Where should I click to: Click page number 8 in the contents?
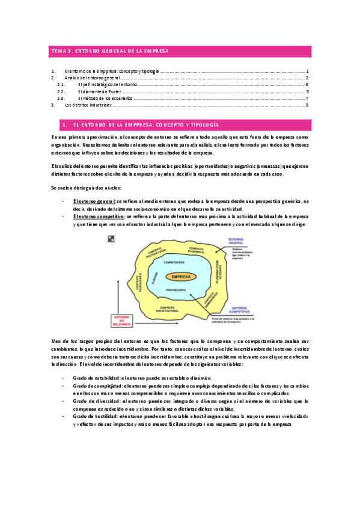click(x=307, y=105)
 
